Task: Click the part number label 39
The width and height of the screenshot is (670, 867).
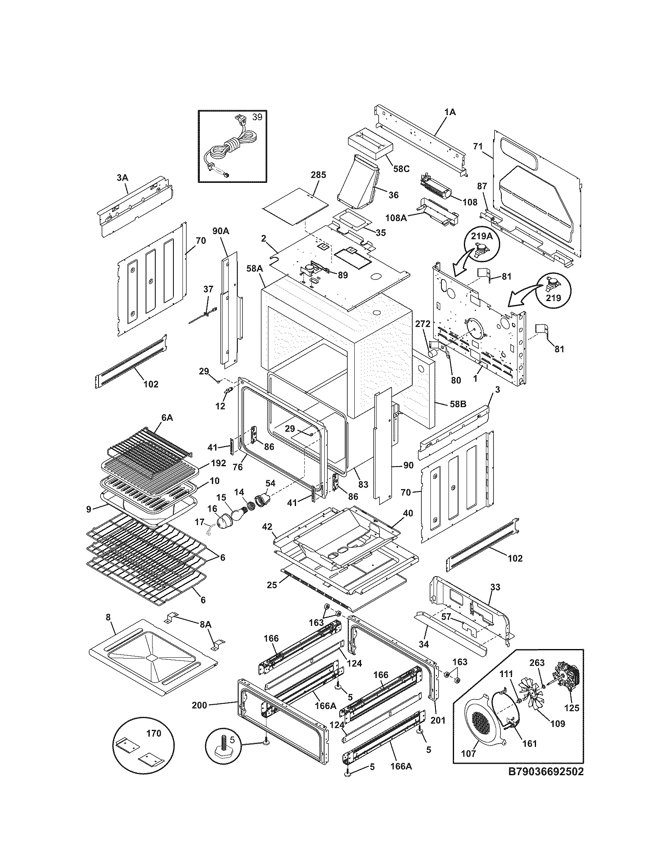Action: coord(257,117)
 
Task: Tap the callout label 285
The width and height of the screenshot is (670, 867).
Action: coord(318,175)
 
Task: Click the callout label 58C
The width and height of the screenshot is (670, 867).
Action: coord(401,168)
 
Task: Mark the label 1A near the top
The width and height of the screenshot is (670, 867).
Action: coord(450,112)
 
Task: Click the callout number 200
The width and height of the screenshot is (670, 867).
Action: coord(199,705)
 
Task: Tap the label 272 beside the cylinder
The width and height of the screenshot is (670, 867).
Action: coord(423,324)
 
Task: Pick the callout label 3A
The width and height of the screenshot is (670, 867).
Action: coord(123,178)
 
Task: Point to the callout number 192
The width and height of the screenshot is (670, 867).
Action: coord(218,463)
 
